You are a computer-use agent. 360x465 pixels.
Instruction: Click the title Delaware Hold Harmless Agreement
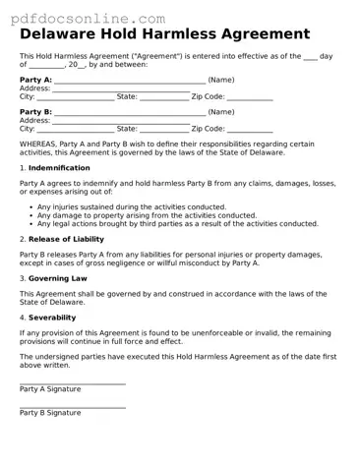click(164, 34)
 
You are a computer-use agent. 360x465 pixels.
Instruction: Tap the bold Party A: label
click(36, 80)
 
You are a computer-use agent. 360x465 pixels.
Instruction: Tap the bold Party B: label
click(36, 112)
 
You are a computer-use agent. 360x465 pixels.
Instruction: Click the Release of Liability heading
click(66, 239)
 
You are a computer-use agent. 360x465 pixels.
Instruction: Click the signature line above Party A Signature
click(73, 383)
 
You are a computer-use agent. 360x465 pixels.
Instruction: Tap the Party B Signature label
click(50, 413)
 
